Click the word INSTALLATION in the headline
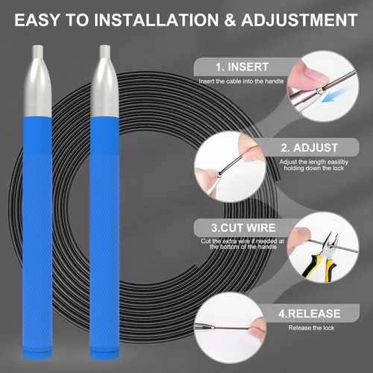156,20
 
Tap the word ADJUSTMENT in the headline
299,20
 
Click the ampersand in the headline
230,20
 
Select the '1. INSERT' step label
242,67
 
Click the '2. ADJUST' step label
310,148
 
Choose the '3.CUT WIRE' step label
243,228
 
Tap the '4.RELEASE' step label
310,313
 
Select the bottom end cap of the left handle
37,354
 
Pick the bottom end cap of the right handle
104,354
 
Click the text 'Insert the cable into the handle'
241,81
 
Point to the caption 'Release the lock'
311,327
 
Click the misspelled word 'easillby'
338,162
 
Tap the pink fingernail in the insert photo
316,74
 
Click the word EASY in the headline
37,20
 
